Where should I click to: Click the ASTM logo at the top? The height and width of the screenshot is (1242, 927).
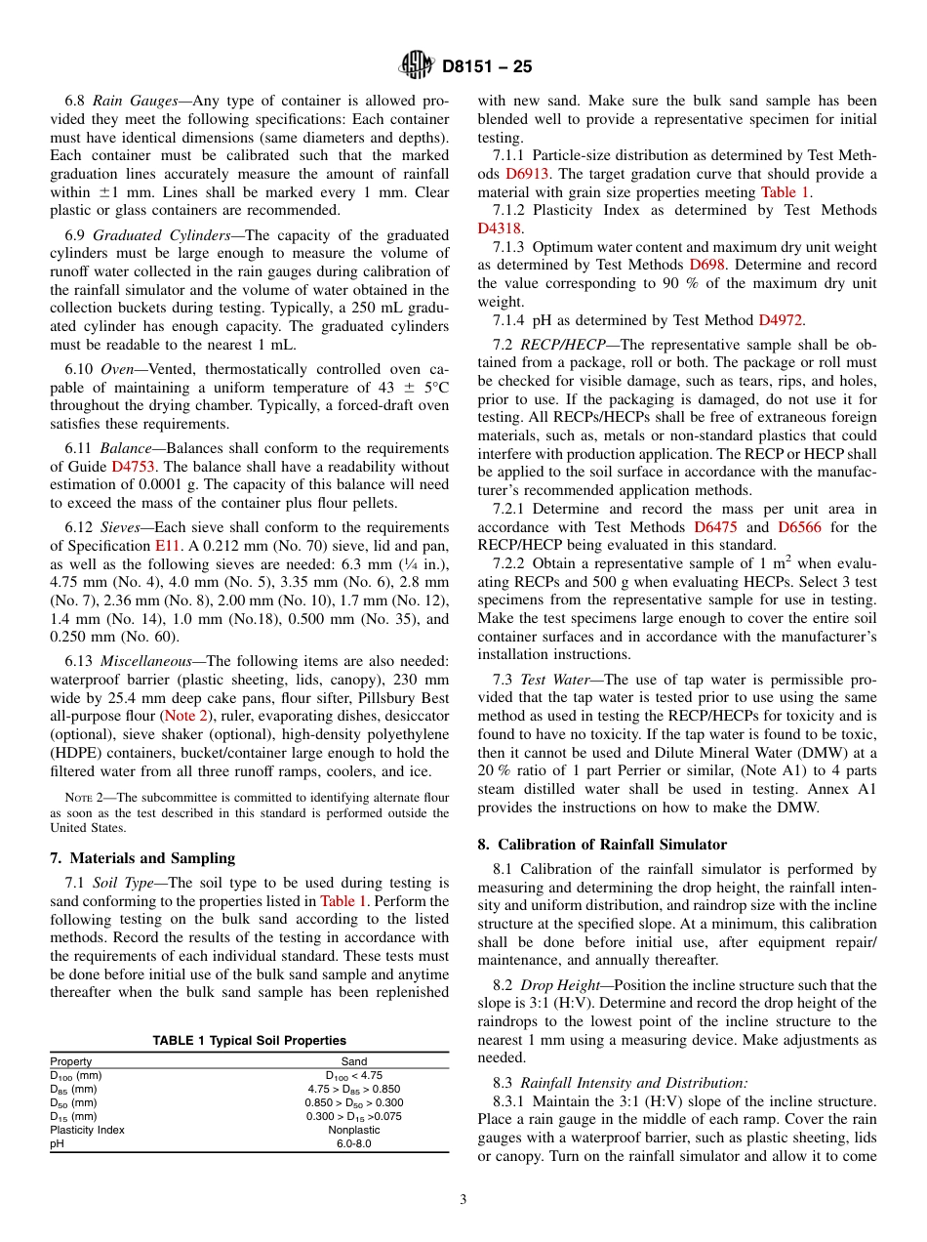point(417,66)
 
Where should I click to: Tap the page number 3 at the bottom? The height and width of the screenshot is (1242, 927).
point(463,1200)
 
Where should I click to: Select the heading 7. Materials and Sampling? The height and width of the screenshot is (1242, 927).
point(142,858)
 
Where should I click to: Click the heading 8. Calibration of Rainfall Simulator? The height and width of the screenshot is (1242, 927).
point(602,845)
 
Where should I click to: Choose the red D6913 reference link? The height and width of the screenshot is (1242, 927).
point(524,174)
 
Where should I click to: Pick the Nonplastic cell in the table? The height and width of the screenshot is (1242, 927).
point(354,1130)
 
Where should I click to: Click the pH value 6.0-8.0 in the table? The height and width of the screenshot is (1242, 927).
point(354,1143)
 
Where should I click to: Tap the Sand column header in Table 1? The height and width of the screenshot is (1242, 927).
point(354,1061)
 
